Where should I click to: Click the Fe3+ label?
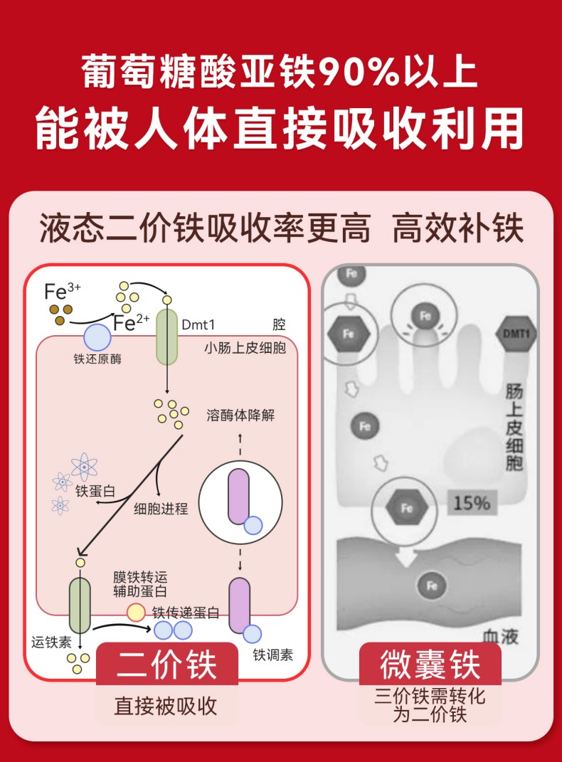(x=63, y=290)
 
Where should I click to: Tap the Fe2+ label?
(x=132, y=323)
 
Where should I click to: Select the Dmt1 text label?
(x=198, y=324)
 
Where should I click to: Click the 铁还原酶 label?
(x=97, y=359)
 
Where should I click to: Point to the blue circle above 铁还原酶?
(x=97, y=336)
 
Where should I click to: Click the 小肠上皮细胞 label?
(x=245, y=348)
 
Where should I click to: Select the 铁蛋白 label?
(x=95, y=490)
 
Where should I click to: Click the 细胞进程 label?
(x=161, y=508)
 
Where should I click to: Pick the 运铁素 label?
(x=51, y=641)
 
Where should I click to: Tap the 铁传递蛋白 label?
(x=186, y=613)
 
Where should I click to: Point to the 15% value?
(x=472, y=503)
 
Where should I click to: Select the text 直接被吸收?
(x=166, y=706)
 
